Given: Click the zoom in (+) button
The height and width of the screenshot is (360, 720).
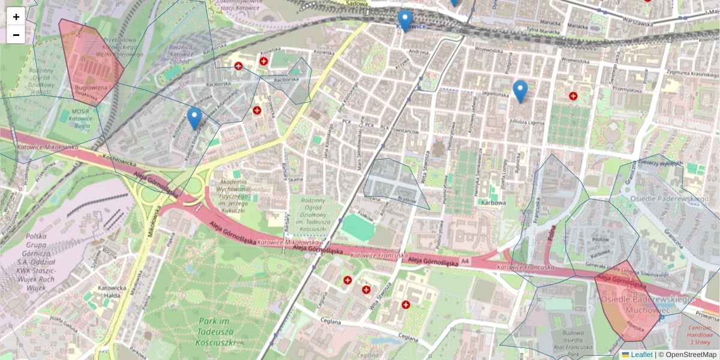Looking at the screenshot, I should pos(16,17).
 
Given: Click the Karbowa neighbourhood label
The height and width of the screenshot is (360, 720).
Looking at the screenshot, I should pos(493,202).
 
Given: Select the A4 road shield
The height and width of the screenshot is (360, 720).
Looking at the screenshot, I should pos(466,261).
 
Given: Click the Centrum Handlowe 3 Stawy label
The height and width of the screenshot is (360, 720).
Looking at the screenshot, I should pos(700,335).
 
